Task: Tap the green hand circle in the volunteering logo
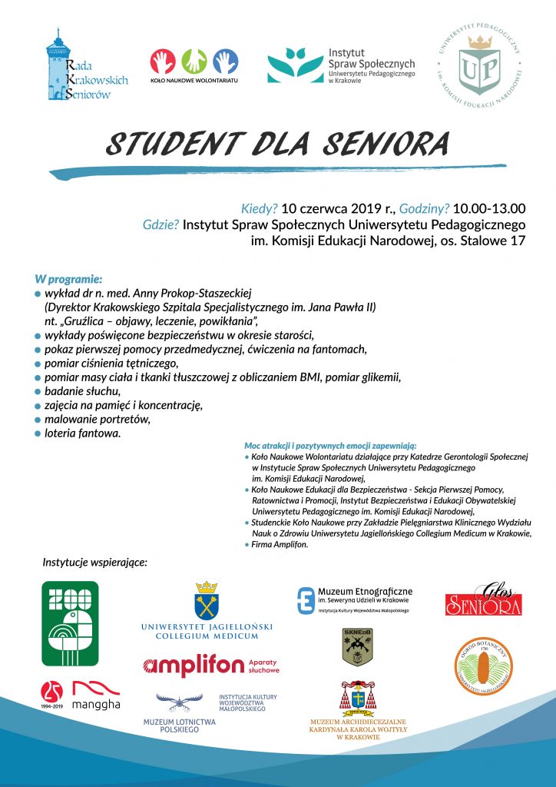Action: click(194, 61)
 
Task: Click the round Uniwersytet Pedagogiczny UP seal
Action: click(478, 65)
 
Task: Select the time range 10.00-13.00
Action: click(489, 208)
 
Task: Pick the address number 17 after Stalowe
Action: click(518, 241)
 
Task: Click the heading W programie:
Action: click(68, 279)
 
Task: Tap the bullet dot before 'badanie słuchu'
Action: click(38, 392)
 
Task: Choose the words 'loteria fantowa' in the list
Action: click(82, 433)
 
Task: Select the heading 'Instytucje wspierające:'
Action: click(94, 563)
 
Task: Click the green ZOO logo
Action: click(70, 624)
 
